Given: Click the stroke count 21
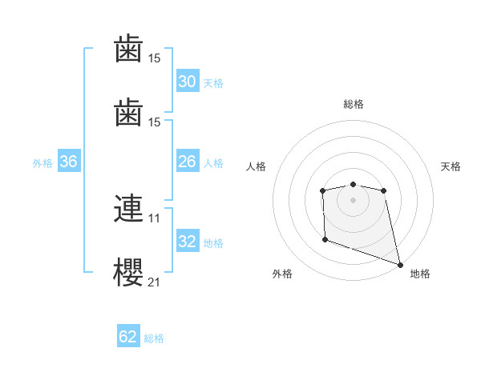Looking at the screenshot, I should (x=155, y=281).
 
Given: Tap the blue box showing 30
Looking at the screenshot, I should (x=188, y=82).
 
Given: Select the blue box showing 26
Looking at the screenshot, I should (x=188, y=162).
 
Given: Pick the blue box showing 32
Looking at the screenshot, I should (x=188, y=242).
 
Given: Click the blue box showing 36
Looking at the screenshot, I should (x=69, y=162).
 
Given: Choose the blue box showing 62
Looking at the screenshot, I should (x=128, y=337).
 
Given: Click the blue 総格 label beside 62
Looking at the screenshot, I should (x=154, y=338).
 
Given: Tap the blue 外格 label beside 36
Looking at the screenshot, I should (x=42, y=162).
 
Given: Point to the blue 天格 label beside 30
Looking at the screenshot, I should (x=213, y=82).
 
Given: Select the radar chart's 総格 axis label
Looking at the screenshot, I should (x=353, y=104).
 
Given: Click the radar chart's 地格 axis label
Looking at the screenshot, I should (x=420, y=274).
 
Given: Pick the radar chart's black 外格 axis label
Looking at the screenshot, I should (x=282, y=274).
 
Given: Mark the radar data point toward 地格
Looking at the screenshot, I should (x=400, y=264).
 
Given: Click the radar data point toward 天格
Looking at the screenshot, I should (x=384, y=190).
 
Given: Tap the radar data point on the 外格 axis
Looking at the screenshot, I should (x=325, y=239).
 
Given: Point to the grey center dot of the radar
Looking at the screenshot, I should (x=353, y=200).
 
